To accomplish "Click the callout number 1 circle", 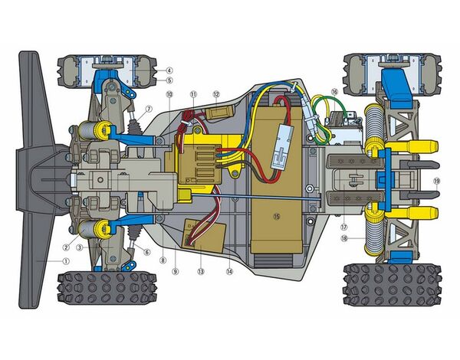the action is pyautogui.click(x=66, y=261).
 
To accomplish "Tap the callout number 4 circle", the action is pyautogui.click(x=169, y=70).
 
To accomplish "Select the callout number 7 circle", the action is pyautogui.click(x=149, y=110).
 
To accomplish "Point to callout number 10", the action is pyautogui.click(x=169, y=94).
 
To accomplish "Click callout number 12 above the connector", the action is pyautogui.click(x=216, y=94).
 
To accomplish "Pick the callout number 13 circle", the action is pyautogui.click(x=201, y=271).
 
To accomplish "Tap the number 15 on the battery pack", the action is pyautogui.click(x=276, y=216).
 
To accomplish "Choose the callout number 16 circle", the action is pyautogui.click(x=334, y=92).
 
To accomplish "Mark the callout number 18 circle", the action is pyautogui.click(x=344, y=238).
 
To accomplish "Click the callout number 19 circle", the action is pyautogui.click(x=436, y=182).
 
